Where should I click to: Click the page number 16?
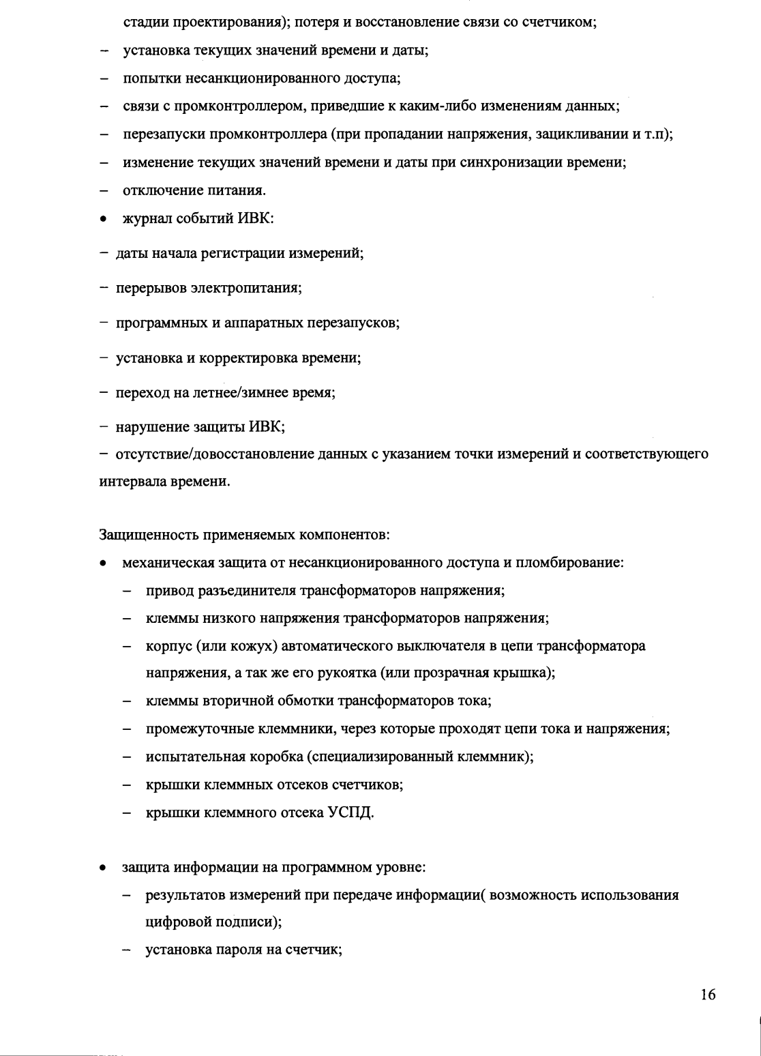pos(708,995)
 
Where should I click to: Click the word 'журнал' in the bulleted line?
pos(147,218)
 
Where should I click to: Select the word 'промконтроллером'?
pos(220,106)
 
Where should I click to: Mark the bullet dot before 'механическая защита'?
pos(102,564)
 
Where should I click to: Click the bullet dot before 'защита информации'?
pos(102,869)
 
